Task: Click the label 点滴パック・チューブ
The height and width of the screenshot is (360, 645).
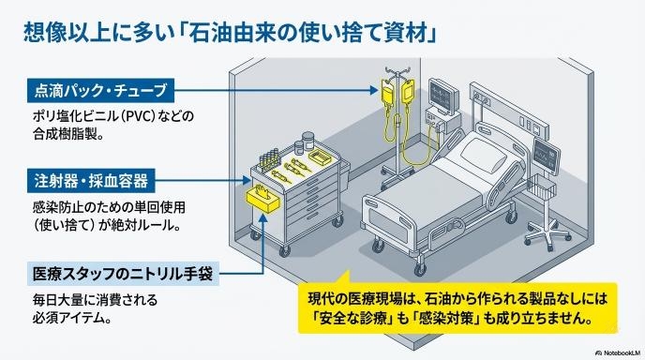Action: [101, 90]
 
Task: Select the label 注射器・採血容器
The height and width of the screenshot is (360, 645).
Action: [91, 180]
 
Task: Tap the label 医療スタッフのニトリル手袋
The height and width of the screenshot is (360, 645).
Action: [123, 274]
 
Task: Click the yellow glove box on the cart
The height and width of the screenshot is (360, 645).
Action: [262, 199]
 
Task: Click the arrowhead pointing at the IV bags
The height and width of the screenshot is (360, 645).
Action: [373, 91]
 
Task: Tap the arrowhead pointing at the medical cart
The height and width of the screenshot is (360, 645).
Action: [247, 180]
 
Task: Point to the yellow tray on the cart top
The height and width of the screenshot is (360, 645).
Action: [320, 156]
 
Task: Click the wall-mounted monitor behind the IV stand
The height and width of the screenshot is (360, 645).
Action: [443, 97]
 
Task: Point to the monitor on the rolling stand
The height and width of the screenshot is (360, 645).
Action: [546, 156]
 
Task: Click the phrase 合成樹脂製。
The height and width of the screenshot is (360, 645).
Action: [67, 134]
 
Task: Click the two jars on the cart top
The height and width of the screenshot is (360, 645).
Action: [304, 143]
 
